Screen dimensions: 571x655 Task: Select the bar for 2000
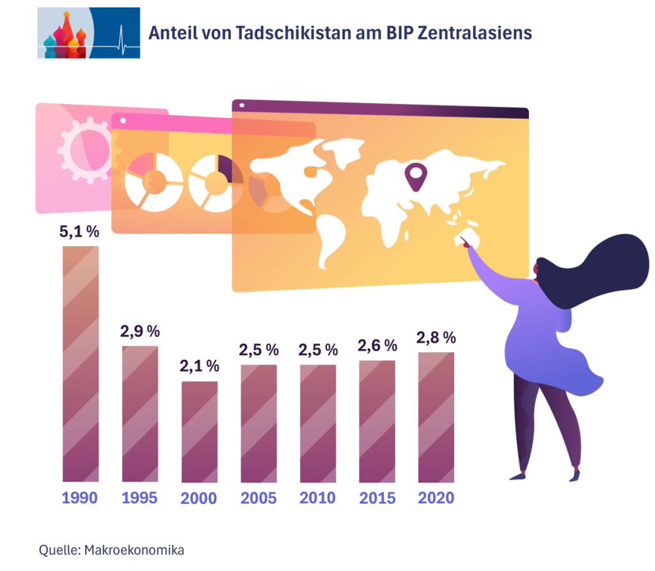point(200,431)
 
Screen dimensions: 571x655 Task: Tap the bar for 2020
point(436,416)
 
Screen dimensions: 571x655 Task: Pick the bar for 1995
point(140,413)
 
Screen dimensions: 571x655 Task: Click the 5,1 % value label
point(79,232)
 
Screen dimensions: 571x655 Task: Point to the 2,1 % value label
point(200,367)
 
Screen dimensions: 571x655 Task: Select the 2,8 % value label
point(436,338)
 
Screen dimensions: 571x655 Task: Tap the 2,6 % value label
point(377,346)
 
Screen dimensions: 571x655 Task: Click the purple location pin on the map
point(416,176)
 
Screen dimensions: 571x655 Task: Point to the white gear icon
point(83,150)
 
